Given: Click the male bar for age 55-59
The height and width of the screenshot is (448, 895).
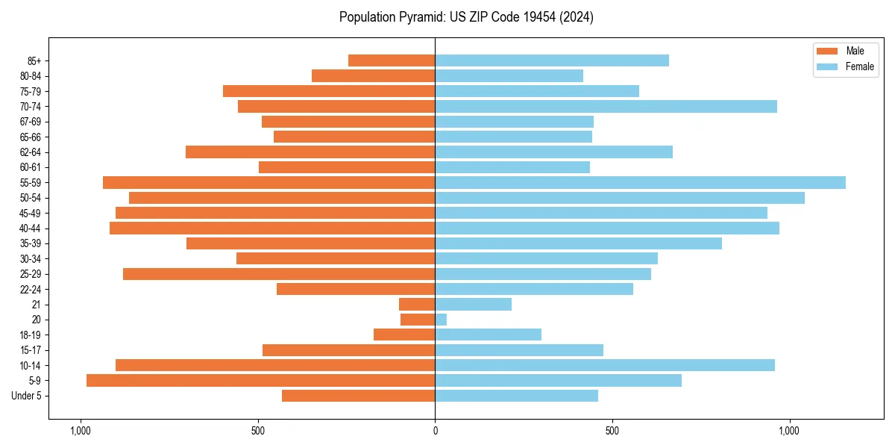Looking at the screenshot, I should coord(268,182).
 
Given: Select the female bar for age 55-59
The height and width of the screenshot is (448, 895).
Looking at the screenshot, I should coord(640,182).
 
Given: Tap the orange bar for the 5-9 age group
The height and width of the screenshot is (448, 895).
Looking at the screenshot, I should coord(260,380).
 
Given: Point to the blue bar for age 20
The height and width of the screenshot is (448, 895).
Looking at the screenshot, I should coord(441,320).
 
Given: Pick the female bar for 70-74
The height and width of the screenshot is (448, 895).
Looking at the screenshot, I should coord(606,106).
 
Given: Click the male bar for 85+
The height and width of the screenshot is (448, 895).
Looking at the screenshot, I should coord(392,60).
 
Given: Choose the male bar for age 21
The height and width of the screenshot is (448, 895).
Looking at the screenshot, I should coord(417,304).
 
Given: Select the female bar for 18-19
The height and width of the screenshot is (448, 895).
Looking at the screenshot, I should coord(488,335).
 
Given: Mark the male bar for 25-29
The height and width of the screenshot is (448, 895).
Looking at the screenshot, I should coord(279,274).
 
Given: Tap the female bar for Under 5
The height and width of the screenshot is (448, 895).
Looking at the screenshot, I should coord(516,396).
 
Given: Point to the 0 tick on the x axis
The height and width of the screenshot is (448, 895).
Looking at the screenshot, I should coord(435,431).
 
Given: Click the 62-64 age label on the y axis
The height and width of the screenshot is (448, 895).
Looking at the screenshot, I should coord(30,152).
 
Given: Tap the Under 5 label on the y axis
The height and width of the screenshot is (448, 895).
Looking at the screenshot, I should coord(27,396).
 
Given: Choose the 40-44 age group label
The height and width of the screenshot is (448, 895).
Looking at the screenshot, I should coord(30,228).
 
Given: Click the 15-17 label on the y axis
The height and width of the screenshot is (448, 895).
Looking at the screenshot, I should coord(30,350).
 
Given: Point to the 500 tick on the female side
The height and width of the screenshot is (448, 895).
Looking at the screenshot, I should coord(612,431).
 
